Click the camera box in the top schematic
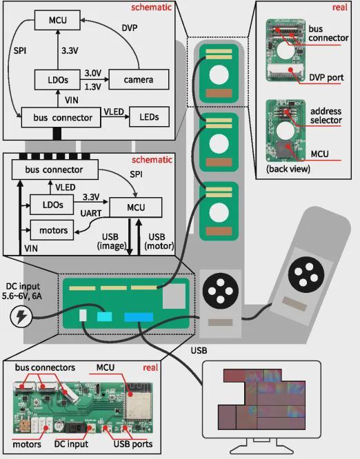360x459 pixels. tap(139, 79)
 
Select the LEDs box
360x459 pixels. tap(149, 117)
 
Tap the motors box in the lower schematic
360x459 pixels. tap(52, 230)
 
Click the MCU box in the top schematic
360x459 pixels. tap(57, 20)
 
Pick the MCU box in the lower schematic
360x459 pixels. tap(136, 207)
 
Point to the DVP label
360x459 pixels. tap(130, 28)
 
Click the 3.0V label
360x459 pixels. tap(93, 73)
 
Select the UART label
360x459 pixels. tap(91, 213)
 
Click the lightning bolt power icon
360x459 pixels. tap(21, 317)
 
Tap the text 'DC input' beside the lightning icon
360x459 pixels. tap(23, 286)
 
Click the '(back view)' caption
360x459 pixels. tap(288, 169)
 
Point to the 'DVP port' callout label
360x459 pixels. tap(326, 78)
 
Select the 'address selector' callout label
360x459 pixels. tap(326, 116)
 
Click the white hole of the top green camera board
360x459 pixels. tap(219, 74)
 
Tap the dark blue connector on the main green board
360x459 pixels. tap(139, 317)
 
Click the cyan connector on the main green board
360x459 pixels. tap(104, 316)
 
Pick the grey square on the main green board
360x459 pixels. tap(174, 296)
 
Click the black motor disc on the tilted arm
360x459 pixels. tap(306, 274)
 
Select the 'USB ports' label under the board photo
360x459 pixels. tap(133, 444)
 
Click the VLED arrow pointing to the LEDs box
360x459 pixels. tap(114, 116)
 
